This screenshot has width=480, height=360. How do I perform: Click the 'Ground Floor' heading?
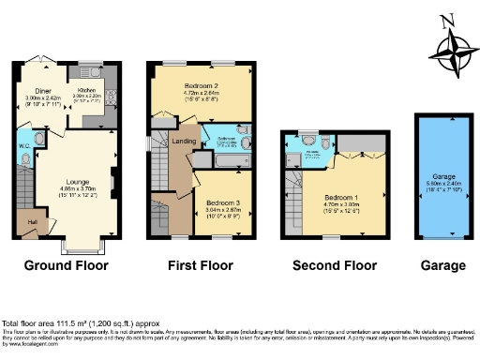(x=65, y=265)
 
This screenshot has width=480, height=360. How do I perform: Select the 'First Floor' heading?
(x=202, y=265)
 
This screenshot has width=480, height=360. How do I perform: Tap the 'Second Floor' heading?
(x=334, y=265)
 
